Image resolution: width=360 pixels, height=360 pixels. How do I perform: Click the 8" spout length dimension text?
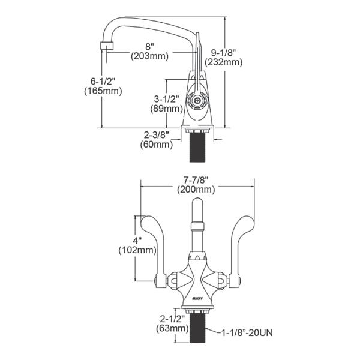tap(149, 45)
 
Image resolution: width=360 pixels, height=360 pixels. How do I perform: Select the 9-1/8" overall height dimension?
tap(223, 51)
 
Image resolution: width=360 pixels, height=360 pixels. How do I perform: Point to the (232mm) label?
tap(223, 62)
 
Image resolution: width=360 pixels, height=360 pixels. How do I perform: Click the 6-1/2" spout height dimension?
tap(103, 80)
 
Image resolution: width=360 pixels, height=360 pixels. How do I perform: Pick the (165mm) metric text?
tap(103, 91)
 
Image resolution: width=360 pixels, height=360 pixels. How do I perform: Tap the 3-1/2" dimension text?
tap(166, 98)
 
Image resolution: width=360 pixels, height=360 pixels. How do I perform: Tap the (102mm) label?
tap(138, 249)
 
